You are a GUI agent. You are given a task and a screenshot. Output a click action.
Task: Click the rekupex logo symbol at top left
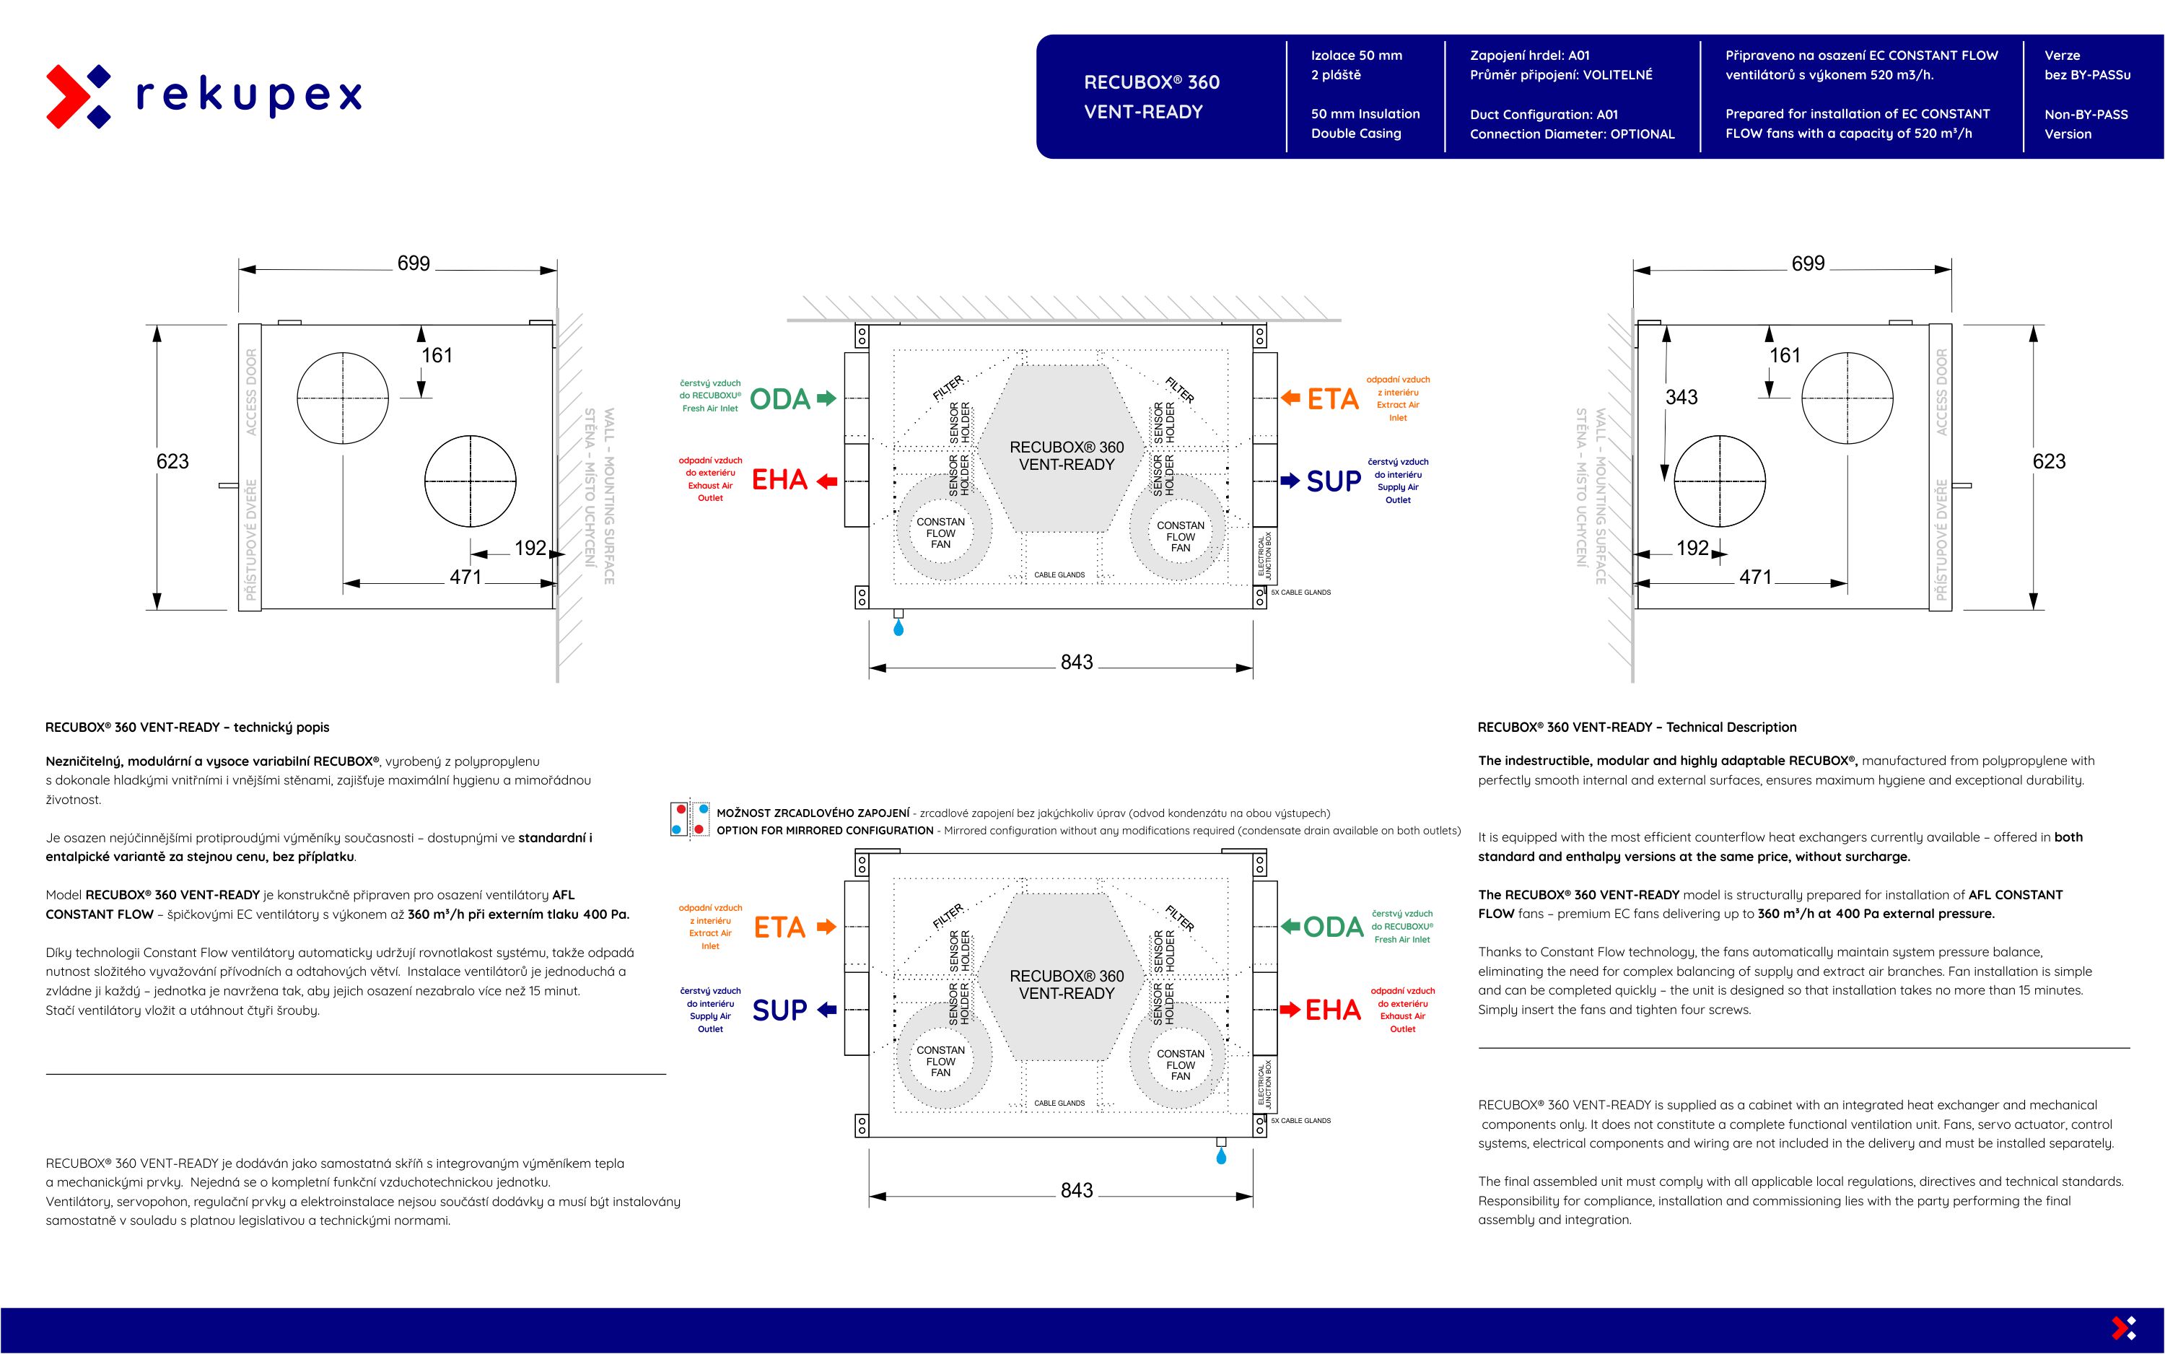[x=79, y=95]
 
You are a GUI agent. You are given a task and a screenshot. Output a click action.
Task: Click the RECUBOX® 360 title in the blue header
[x=1152, y=82]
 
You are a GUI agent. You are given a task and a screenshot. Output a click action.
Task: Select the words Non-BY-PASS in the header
[x=2086, y=115]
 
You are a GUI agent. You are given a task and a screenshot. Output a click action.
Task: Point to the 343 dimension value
[x=1681, y=397]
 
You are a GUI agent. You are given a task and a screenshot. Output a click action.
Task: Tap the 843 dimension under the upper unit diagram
[x=1076, y=663]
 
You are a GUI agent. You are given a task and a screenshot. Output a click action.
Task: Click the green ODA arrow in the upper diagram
[x=826, y=398]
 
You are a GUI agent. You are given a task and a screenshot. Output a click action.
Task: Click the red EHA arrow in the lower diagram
[x=1290, y=1010]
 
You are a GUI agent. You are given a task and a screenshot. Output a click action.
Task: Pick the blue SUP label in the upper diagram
[x=1333, y=482]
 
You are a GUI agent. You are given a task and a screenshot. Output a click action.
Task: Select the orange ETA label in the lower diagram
[x=779, y=927]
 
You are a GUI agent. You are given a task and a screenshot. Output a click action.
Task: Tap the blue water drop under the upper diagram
[x=899, y=629]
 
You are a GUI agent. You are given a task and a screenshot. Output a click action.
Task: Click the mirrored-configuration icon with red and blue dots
[x=689, y=819]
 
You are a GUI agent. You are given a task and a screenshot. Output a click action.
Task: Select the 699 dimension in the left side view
[x=414, y=263]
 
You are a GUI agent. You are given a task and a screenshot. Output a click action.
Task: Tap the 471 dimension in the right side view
[x=1755, y=577]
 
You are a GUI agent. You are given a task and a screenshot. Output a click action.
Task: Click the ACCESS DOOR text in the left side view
[x=252, y=392]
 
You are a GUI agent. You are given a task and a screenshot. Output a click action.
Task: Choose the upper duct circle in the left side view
[x=343, y=398]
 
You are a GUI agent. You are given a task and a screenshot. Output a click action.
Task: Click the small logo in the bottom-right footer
[x=2124, y=1327]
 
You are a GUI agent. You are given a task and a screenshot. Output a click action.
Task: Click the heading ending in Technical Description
[x=1637, y=727]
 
